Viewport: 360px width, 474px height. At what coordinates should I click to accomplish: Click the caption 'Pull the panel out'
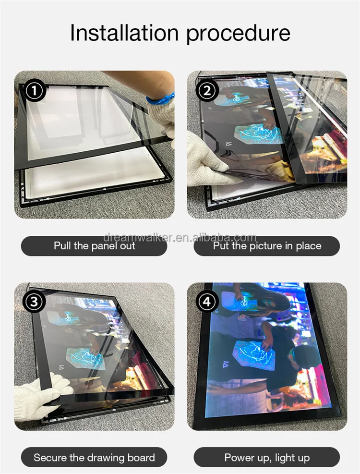(x=94, y=246)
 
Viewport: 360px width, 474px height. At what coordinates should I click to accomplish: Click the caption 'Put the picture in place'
(x=267, y=246)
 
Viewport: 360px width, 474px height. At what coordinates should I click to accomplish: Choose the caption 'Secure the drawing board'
(x=94, y=457)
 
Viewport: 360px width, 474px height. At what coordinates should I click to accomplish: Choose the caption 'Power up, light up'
(x=267, y=457)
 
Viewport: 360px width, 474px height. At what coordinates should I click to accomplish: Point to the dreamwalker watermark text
(x=180, y=238)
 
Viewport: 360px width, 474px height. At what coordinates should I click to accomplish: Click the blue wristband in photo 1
(x=160, y=100)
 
